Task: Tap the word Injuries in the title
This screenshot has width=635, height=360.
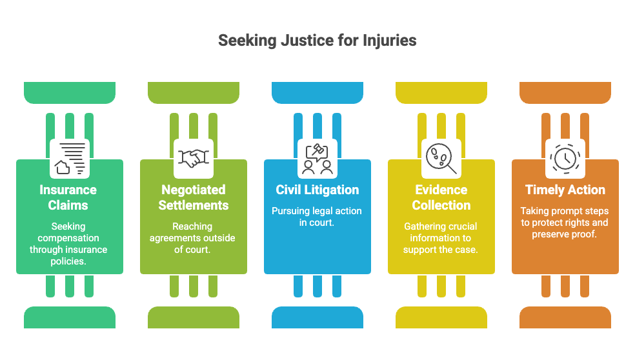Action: (x=390, y=41)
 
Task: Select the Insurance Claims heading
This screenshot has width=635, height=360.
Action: (x=68, y=197)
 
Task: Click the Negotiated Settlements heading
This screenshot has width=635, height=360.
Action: (x=194, y=197)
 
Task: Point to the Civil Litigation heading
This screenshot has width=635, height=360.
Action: (x=317, y=190)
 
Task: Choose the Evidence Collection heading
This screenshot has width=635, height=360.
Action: (x=441, y=197)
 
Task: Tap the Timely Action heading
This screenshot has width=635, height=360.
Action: (x=565, y=190)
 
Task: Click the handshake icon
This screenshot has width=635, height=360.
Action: (x=194, y=158)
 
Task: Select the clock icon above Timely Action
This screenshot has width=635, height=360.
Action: (x=565, y=158)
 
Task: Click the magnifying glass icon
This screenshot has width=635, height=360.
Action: (x=441, y=158)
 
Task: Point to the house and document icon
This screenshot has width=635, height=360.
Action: (x=70, y=158)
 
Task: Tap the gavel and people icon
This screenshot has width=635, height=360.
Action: (x=317, y=159)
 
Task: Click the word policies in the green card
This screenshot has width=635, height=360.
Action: (x=68, y=261)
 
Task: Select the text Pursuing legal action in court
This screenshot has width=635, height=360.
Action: (x=317, y=217)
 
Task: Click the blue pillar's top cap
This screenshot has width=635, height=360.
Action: (x=317, y=93)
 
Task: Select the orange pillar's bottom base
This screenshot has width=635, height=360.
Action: (x=565, y=317)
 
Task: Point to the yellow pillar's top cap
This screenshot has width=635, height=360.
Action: (x=441, y=93)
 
